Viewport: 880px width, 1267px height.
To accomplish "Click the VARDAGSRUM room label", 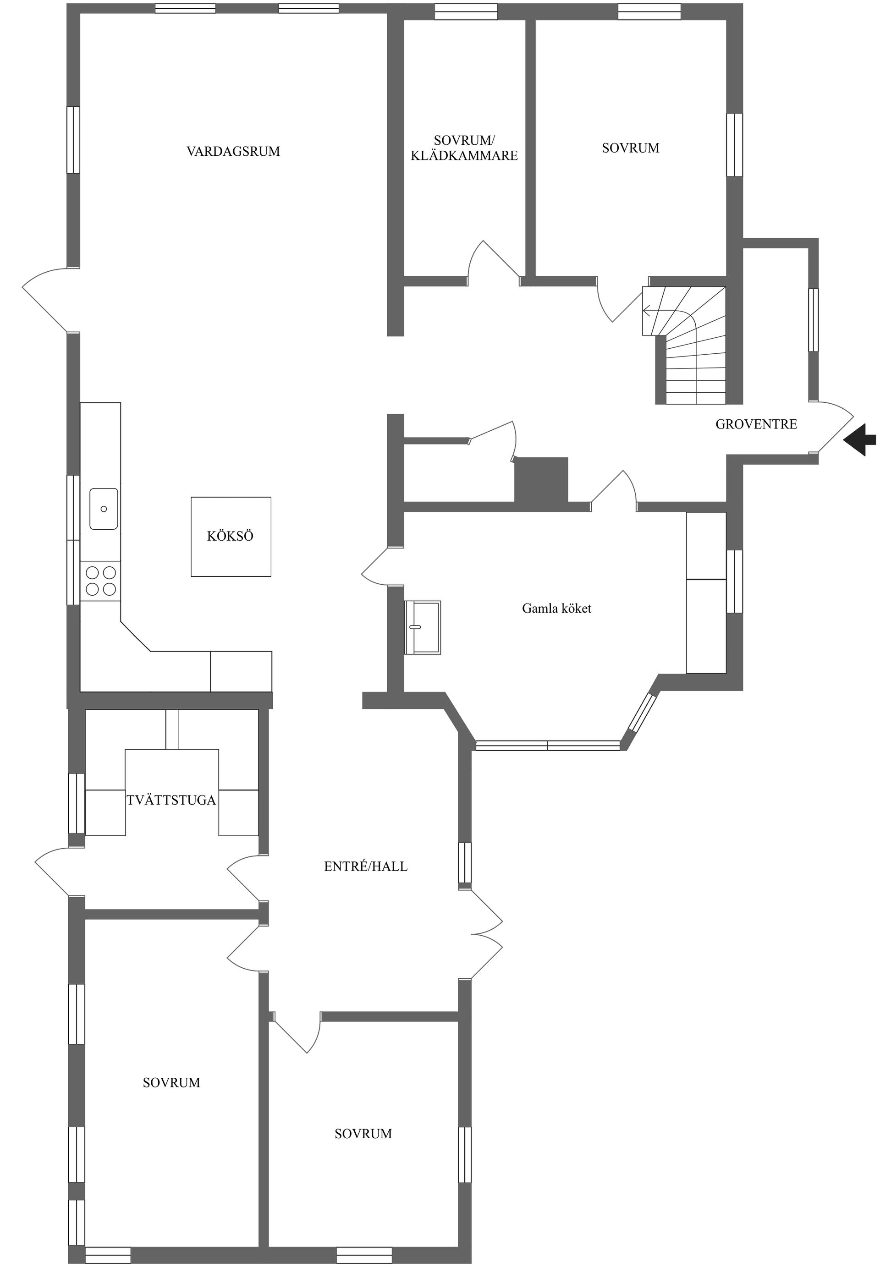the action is tap(233, 151).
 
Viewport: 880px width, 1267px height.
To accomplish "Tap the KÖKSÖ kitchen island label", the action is tap(230, 536).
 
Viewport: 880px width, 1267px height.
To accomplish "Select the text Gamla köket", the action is tap(556, 609).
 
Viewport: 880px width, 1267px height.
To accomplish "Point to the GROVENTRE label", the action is tap(756, 424).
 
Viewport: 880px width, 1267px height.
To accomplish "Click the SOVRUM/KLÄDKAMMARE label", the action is tap(464, 148).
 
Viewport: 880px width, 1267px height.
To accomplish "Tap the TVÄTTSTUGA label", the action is tap(171, 800).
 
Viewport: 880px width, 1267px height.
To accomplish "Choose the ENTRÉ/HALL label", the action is tap(366, 867).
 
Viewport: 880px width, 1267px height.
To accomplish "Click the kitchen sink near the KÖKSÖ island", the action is tap(104, 509).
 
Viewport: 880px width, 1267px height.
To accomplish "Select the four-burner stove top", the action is tap(100, 581).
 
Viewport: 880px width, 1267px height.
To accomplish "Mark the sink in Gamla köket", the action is tap(423, 627).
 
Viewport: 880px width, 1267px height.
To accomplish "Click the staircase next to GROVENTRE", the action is tap(684, 345).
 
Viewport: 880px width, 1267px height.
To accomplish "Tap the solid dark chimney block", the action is tap(541, 479).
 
